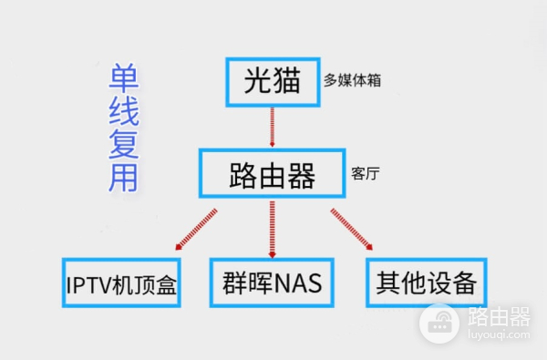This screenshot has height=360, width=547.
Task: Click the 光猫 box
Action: coord(272,80)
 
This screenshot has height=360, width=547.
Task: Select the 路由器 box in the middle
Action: coord(272,172)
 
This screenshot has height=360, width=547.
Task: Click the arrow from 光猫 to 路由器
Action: coord(272,127)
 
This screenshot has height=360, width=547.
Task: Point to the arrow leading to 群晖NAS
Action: coord(272,231)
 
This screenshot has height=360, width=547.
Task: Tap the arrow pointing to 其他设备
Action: coord(350,229)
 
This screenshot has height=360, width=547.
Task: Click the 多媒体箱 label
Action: coord(352,80)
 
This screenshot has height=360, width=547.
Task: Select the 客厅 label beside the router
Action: coord(365,172)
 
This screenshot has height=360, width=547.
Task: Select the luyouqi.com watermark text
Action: coord(499,335)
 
